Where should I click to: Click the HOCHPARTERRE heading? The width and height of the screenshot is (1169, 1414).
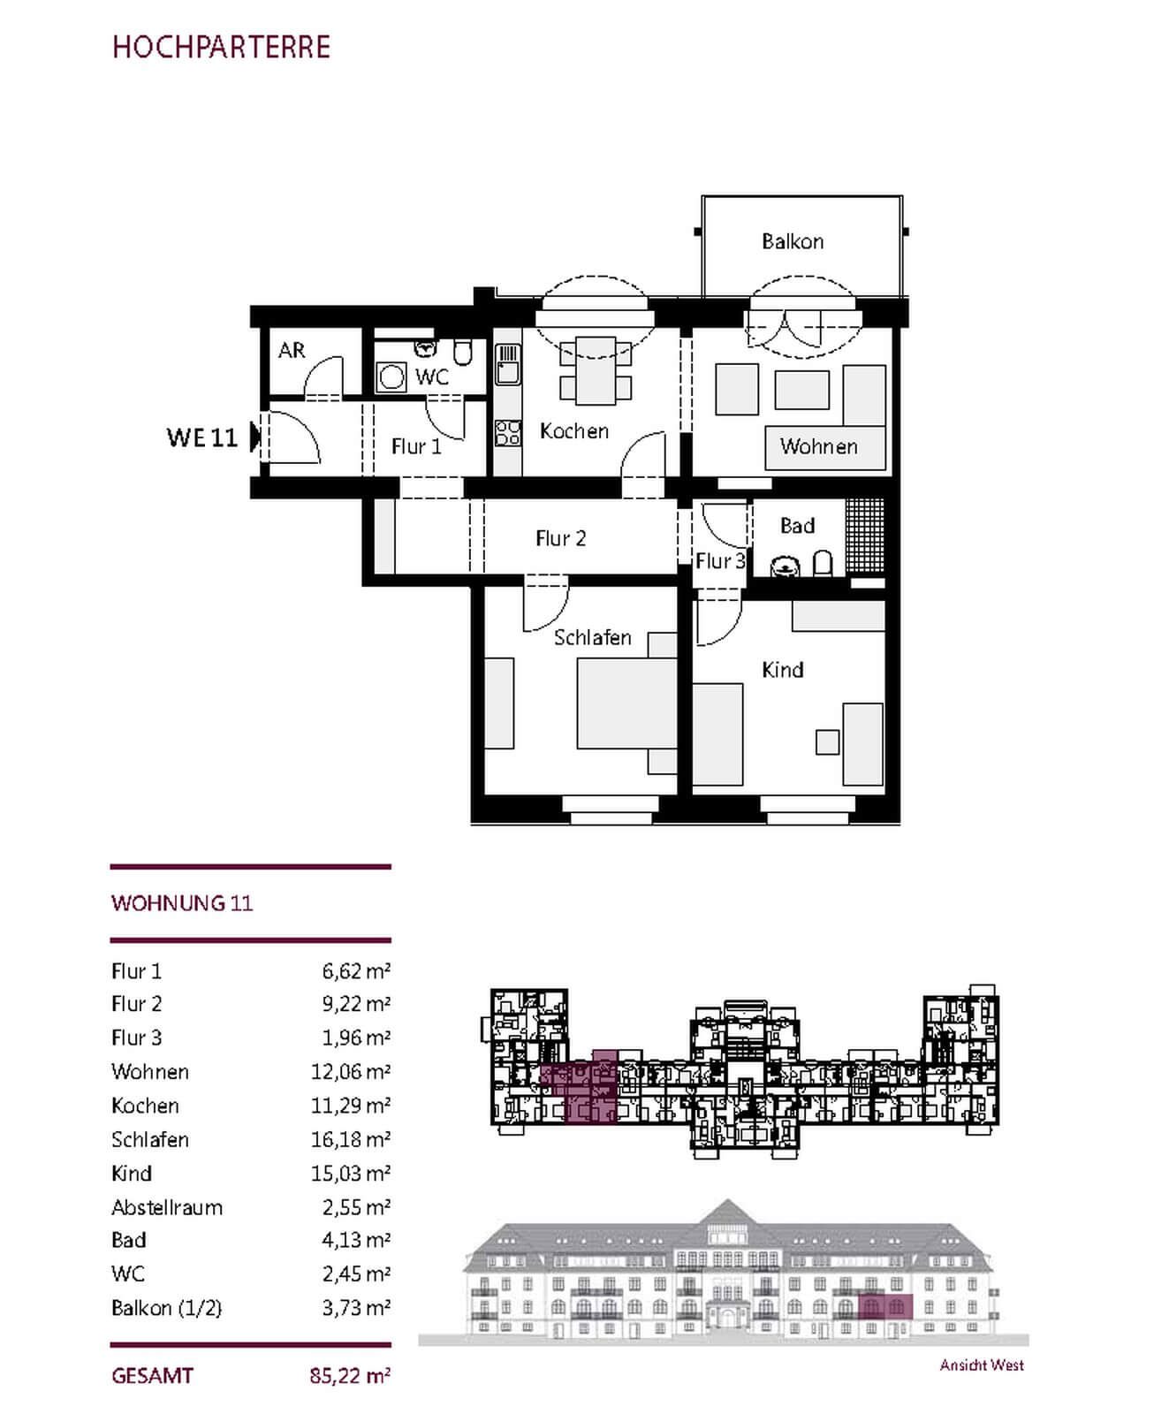(x=221, y=47)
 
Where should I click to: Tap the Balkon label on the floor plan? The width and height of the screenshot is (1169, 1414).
(x=793, y=241)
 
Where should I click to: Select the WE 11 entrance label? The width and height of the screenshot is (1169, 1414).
(x=202, y=437)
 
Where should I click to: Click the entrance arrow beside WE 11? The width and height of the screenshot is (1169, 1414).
(x=255, y=437)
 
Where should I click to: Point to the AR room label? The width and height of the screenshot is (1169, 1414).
(x=292, y=350)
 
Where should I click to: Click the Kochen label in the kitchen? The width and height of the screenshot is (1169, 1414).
(x=574, y=431)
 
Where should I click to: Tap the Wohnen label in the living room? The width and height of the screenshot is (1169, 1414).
(x=819, y=446)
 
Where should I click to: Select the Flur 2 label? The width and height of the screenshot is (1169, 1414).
(x=561, y=538)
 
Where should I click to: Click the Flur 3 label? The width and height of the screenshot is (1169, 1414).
(x=720, y=561)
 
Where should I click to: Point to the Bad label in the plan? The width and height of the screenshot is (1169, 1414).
(x=797, y=526)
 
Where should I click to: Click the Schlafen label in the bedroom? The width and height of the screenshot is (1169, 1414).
(x=593, y=637)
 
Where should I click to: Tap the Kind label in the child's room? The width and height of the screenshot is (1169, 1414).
(x=783, y=670)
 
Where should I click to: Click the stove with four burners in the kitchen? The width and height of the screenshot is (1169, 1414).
(x=508, y=433)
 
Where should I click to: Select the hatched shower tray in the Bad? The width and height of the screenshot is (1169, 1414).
(x=865, y=536)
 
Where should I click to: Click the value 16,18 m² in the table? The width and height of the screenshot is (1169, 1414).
(x=351, y=1139)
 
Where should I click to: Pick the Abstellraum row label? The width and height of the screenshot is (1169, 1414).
(x=167, y=1207)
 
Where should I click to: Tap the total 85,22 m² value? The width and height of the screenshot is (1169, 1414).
(x=351, y=1376)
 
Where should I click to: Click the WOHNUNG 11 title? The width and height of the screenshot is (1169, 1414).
(x=182, y=903)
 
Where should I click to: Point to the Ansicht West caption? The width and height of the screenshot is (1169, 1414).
(x=982, y=1365)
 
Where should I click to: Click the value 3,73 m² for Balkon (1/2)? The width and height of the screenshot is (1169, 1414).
(x=356, y=1307)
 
